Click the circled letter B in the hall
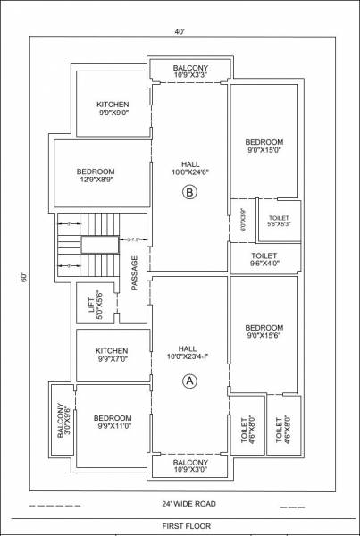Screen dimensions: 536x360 tap(188, 192)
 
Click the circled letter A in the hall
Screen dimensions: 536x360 tap(188, 380)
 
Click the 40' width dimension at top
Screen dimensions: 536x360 tap(181, 31)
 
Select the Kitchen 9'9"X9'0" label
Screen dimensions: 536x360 tap(113, 110)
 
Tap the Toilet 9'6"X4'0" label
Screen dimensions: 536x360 tap(264, 260)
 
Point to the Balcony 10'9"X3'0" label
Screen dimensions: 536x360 tap(190, 467)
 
